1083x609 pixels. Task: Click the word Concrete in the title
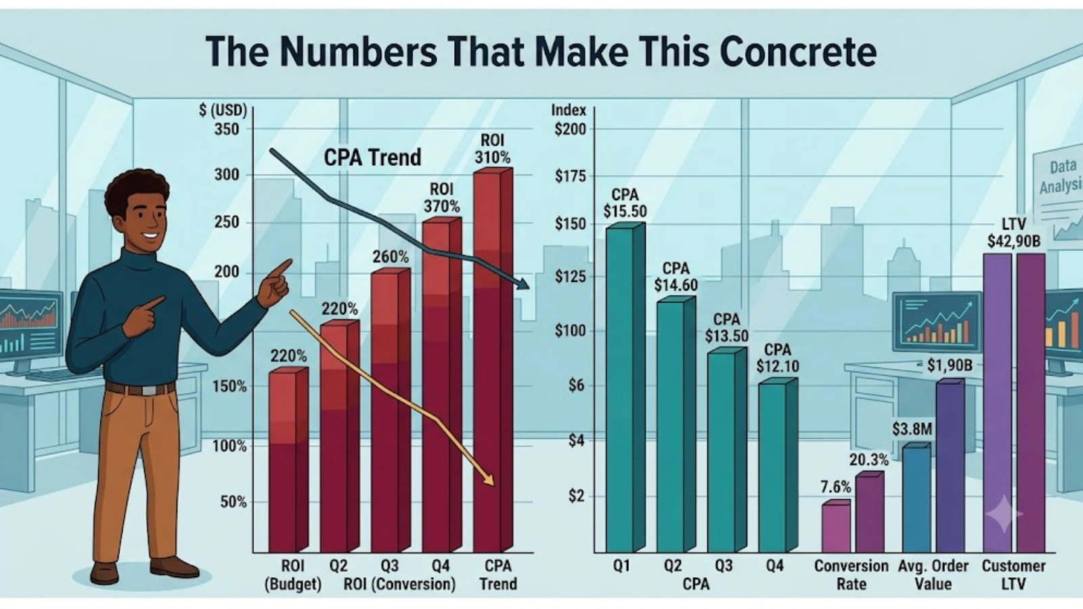pos(798,51)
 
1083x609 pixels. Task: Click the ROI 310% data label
pos(492,149)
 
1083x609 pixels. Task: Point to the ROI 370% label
pos(441,198)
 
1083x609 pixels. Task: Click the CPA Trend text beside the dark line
pos(372,158)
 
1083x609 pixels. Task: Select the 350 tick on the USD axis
pos(227,129)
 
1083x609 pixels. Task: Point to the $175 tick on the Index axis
pos(571,177)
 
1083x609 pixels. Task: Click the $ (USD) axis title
pos(223,111)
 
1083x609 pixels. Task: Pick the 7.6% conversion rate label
pos(835,487)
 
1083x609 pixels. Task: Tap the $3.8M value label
pos(912,429)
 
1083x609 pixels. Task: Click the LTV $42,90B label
pos(1013,233)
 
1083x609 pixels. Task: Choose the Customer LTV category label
pos(1013,574)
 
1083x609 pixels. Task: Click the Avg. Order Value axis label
pos(933,574)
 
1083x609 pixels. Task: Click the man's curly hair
pos(136,187)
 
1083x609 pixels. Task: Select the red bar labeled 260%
pos(391,410)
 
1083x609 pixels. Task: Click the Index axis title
pos(569,110)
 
